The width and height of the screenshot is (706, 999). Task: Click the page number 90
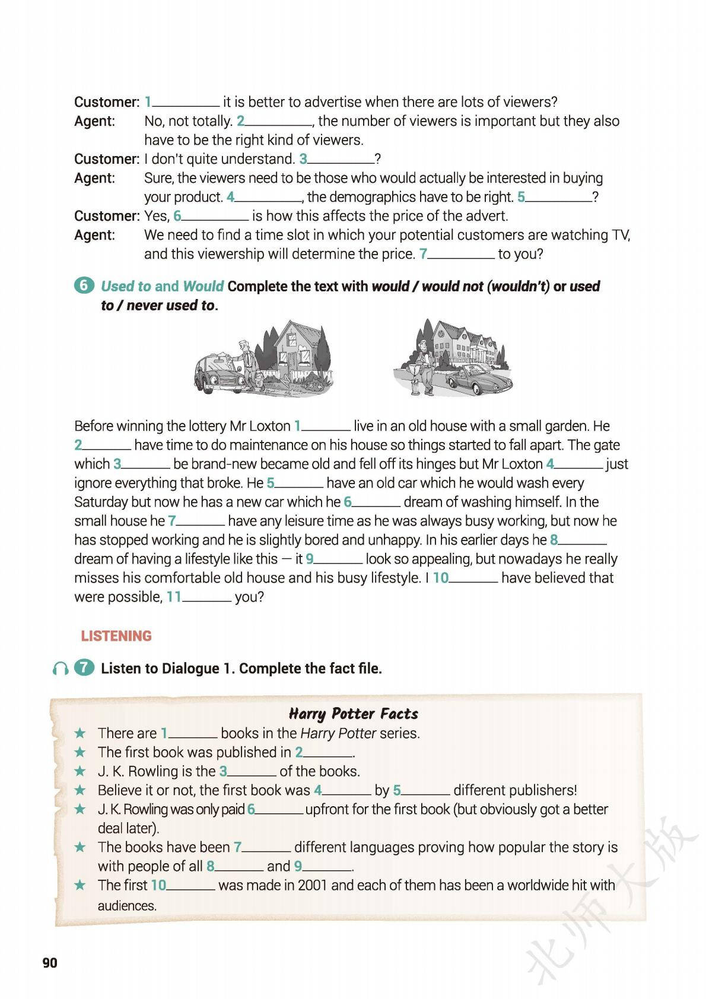tap(50, 962)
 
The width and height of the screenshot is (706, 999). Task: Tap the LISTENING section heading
tap(116, 636)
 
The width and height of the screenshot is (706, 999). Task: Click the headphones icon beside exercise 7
tap(60, 669)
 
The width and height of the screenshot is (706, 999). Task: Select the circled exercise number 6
tap(84, 285)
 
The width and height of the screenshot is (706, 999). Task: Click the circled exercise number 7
tap(84, 668)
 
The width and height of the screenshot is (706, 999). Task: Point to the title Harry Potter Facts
tap(353, 713)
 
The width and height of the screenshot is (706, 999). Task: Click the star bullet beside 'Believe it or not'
tap(80, 790)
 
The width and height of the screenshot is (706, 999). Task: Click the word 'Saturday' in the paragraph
tap(101, 502)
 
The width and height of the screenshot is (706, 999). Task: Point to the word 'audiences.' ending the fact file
tap(127, 906)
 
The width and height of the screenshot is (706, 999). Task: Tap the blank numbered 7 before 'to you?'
tap(461, 255)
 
